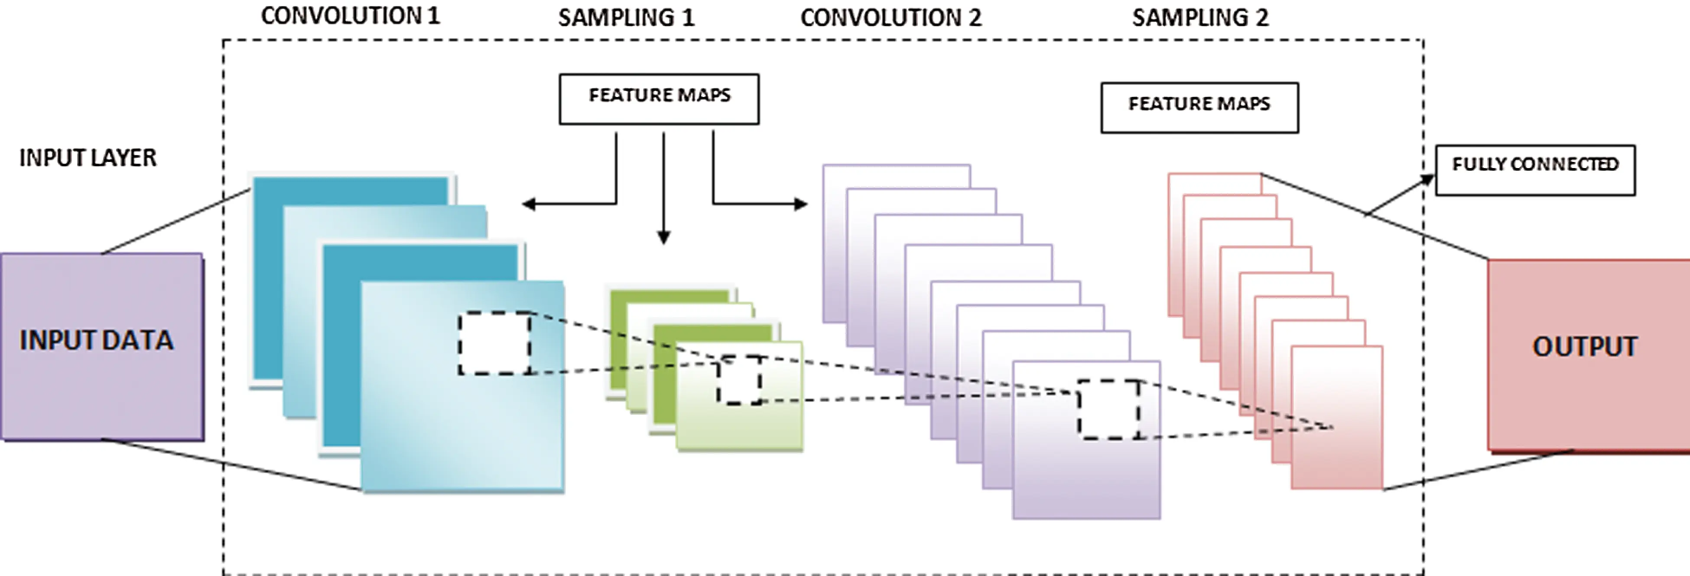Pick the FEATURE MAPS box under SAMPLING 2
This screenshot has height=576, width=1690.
pyautogui.click(x=1199, y=107)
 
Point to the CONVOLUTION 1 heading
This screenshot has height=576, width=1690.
pyautogui.click(x=350, y=16)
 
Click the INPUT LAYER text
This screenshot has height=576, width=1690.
pyautogui.click(x=88, y=158)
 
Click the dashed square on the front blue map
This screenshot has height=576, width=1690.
pyautogui.click(x=495, y=343)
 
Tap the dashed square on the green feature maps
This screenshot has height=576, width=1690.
pyautogui.click(x=739, y=379)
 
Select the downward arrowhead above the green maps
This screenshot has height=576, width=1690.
pyautogui.click(x=663, y=237)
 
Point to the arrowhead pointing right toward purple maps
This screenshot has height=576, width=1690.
pyautogui.click(x=801, y=204)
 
